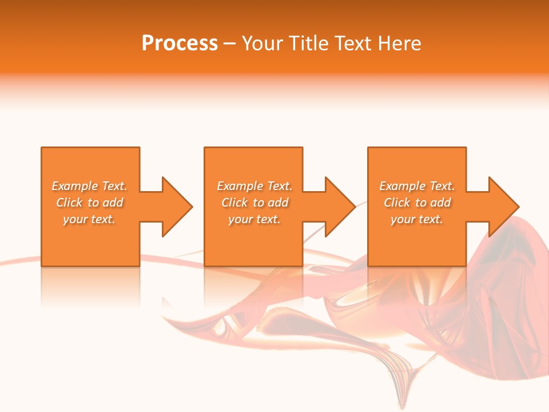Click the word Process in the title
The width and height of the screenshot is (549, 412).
point(180,43)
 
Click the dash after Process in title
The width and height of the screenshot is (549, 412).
point(230,44)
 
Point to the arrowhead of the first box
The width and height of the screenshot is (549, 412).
point(177,207)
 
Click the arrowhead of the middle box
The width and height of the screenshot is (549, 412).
point(340,207)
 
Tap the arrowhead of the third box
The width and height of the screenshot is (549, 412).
point(504,207)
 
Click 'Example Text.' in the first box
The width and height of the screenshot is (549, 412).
point(89,186)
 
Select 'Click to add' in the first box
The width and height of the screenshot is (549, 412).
point(89,203)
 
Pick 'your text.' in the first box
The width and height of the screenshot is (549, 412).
point(89,219)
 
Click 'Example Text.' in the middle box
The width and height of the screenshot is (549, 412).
point(254,186)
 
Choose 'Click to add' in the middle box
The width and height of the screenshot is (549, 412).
point(254,203)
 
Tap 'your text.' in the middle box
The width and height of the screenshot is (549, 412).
point(254,219)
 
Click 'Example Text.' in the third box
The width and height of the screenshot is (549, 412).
point(417,186)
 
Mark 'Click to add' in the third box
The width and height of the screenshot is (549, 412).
point(417,203)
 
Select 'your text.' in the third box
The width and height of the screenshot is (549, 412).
point(417,219)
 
